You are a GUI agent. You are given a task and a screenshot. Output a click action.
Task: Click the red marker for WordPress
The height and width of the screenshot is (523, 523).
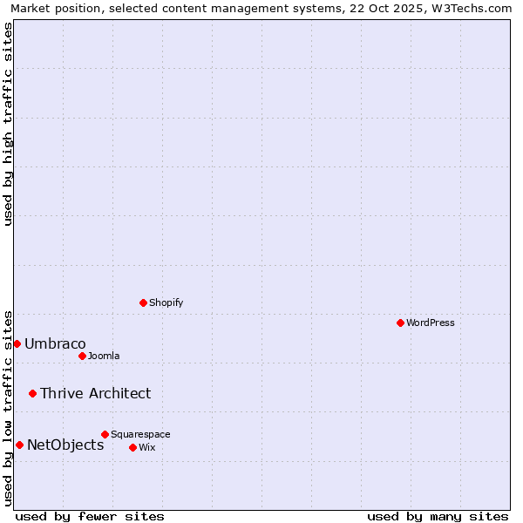400,323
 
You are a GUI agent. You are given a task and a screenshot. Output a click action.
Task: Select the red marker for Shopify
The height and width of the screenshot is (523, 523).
143,302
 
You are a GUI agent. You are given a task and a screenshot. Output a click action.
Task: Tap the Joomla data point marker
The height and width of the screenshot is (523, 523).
82,356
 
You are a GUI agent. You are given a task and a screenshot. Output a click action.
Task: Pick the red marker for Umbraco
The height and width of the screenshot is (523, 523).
17,343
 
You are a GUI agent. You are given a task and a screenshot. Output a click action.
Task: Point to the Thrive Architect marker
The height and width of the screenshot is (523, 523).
32,393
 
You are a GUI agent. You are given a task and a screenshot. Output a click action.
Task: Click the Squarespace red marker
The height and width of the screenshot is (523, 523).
105,434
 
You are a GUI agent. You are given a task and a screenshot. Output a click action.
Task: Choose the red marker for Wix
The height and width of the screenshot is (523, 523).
132,447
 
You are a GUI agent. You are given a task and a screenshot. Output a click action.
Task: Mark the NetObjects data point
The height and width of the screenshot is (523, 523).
19,445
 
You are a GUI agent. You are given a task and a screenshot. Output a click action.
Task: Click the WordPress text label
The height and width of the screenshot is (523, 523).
430,323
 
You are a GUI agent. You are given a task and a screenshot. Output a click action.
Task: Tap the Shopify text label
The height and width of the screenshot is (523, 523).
166,302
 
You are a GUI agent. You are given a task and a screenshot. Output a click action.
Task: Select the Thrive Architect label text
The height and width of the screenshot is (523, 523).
95,393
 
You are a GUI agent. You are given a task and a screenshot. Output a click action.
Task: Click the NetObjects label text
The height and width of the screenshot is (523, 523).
65,445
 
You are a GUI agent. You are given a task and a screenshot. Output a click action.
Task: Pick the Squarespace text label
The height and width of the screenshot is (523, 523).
140,434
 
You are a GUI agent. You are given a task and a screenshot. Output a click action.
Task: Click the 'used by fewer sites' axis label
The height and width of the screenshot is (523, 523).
90,516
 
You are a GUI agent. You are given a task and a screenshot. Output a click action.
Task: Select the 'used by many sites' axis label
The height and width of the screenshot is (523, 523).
438,516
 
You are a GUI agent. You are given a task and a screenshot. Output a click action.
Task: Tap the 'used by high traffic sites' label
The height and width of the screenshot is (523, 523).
8,124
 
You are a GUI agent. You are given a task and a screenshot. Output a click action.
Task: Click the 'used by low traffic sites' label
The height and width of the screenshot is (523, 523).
8,407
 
